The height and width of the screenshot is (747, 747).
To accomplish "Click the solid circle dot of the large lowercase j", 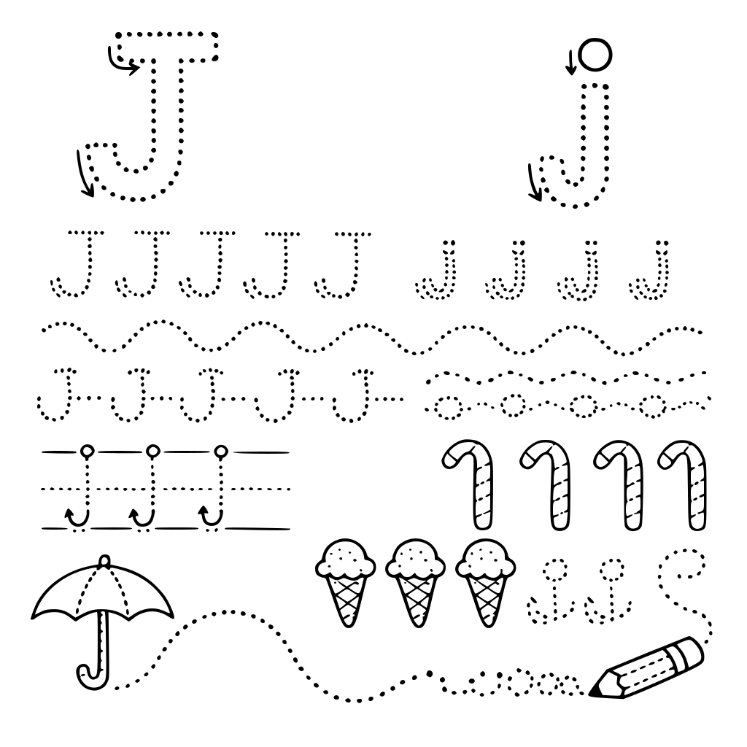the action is click(x=595, y=55).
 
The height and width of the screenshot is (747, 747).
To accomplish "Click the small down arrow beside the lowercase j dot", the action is click(x=570, y=63).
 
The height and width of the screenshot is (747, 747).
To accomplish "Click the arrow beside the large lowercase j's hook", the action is click(x=534, y=182).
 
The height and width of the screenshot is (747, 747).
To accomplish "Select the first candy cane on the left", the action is click(x=468, y=484).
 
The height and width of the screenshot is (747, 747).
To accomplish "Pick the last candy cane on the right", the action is click(x=683, y=484).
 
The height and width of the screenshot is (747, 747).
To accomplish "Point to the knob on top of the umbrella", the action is click(x=104, y=561).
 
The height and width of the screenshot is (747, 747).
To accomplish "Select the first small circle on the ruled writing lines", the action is click(x=87, y=450).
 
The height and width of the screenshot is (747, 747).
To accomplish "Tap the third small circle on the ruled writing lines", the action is click(x=220, y=450).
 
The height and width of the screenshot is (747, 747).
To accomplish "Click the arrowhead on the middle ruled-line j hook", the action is click(x=133, y=514).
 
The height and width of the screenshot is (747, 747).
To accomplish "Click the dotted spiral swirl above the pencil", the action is click(x=686, y=591).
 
